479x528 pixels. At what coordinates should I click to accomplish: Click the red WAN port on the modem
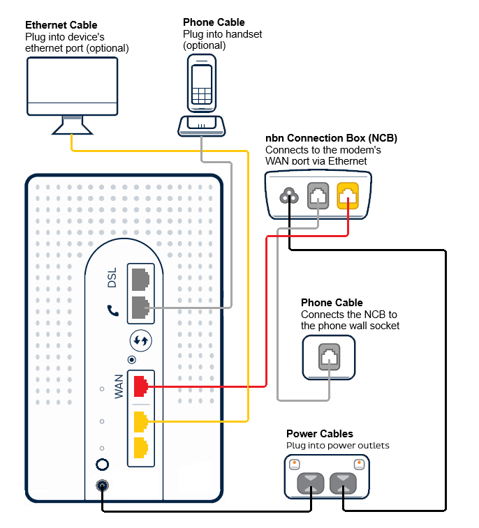[140, 384]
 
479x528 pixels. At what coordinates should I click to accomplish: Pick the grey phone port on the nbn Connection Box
[318, 195]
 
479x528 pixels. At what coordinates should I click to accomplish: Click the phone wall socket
[329, 358]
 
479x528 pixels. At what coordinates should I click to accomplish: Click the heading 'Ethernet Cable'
[61, 26]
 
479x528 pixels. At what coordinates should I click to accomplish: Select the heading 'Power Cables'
[319, 434]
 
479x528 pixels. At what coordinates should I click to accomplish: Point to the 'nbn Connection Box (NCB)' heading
[331, 138]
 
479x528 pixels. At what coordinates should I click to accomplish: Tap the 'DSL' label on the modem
[112, 279]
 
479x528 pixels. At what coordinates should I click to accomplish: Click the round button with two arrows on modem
[140, 341]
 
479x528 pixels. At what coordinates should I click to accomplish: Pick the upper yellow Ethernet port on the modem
[140, 421]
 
